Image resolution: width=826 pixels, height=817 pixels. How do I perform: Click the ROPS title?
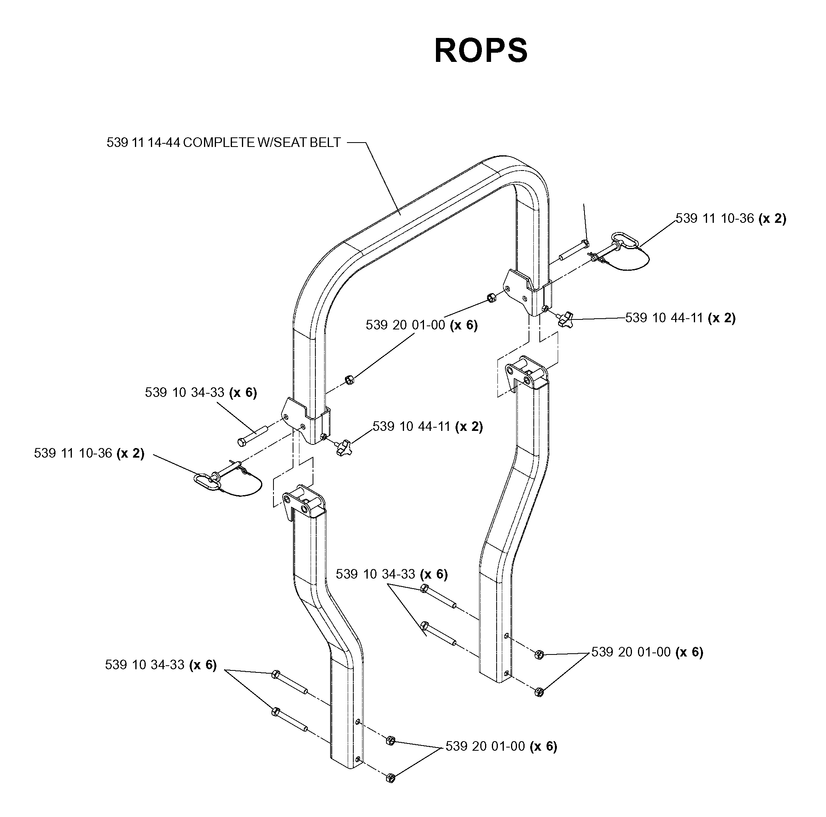(x=481, y=50)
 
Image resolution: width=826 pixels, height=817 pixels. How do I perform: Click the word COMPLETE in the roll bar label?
(x=219, y=143)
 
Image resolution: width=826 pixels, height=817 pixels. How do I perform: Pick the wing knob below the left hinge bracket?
(x=342, y=448)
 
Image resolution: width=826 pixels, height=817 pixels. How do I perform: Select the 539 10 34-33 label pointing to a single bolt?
(x=201, y=393)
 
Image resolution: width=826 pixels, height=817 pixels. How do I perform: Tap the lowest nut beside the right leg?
(x=539, y=692)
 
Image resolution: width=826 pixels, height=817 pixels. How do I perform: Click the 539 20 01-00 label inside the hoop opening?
(x=422, y=325)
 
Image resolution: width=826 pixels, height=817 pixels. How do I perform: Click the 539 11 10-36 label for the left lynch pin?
(x=89, y=453)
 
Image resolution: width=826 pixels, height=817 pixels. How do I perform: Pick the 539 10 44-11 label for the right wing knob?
(x=680, y=318)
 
